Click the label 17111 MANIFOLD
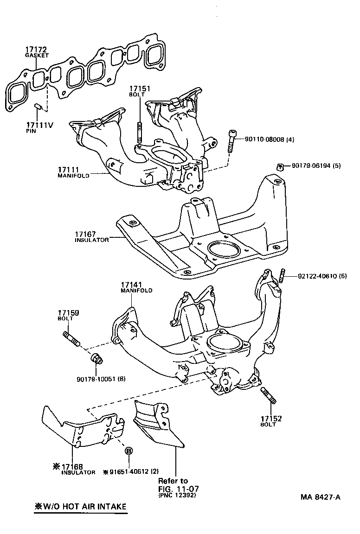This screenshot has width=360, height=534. click(x=70, y=172)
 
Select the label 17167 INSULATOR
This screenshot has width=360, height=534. click(x=91, y=237)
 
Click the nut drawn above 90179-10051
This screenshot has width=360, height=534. click(x=96, y=359)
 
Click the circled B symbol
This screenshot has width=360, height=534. click(x=129, y=451)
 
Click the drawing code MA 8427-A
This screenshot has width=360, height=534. click(x=320, y=497)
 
